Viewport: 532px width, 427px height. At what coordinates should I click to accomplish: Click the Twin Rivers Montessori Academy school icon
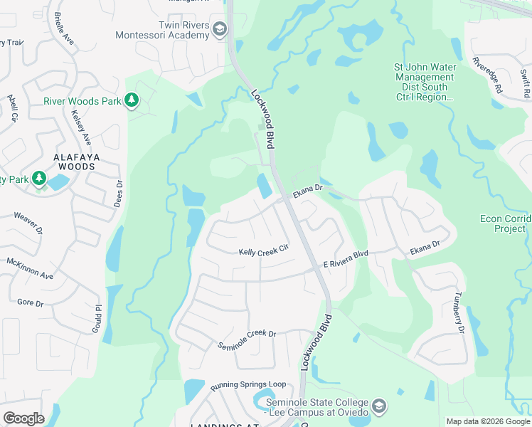(220, 29)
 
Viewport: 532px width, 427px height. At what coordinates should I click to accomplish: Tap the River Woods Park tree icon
(131, 101)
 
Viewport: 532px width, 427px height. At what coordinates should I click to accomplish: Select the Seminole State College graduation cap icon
(380, 406)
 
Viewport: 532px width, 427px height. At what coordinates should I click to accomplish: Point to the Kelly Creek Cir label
(265, 251)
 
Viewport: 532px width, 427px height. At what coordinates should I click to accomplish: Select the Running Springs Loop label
(248, 385)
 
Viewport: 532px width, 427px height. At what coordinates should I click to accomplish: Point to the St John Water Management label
(425, 82)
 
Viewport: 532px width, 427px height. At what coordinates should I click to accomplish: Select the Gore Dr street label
(30, 302)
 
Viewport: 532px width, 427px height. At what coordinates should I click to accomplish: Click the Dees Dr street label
(119, 193)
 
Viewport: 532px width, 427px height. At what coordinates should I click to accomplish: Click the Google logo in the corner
(24, 418)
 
